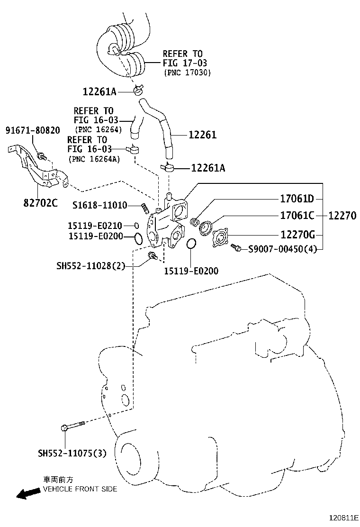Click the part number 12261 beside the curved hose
pyautogui.click(x=202, y=135)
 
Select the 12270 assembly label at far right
pyautogui.click(x=342, y=216)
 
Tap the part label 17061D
pyautogui.click(x=297, y=199)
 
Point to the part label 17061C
pyautogui.click(x=297, y=216)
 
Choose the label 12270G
pyautogui.click(x=298, y=234)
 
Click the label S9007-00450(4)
pyautogui.click(x=282, y=248)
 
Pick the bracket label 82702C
pyautogui.click(x=40, y=203)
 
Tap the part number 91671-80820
pyautogui.click(x=33, y=130)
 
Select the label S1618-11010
pyautogui.click(x=99, y=205)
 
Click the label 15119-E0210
pyautogui.click(x=95, y=226)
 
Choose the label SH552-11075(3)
pyautogui.click(x=72, y=454)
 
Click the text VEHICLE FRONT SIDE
pyautogui.click(x=80, y=489)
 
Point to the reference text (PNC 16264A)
pyautogui.click(x=94, y=159)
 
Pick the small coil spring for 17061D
pyautogui.click(x=194, y=221)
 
